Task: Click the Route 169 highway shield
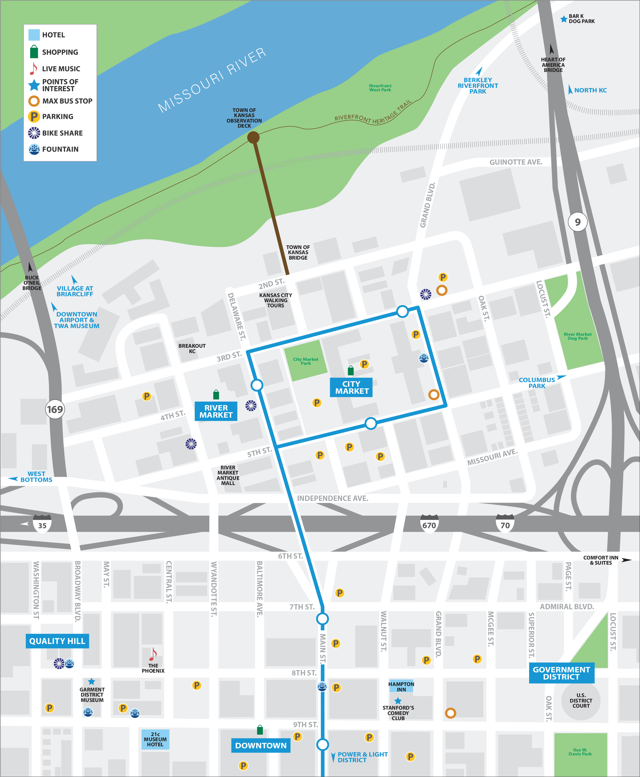[x=55, y=409]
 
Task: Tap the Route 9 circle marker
[x=577, y=222]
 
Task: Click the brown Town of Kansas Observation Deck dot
[x=253, y=138]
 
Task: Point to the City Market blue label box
[x=351, y=388]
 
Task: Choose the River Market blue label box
[x=216, y=411]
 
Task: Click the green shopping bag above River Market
[x=216, y=395]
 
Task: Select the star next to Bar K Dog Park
[x=564, y=19]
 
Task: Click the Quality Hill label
[x=57, y=641]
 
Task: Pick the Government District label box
[x=561, y=673]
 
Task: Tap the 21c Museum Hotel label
[x=155, y=739]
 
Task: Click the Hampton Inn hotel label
[x=401, y=686]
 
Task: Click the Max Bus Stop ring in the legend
[x=34, y=101]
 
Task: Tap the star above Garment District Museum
[x=92, y=681]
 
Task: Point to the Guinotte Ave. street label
[x=515, y=162]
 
